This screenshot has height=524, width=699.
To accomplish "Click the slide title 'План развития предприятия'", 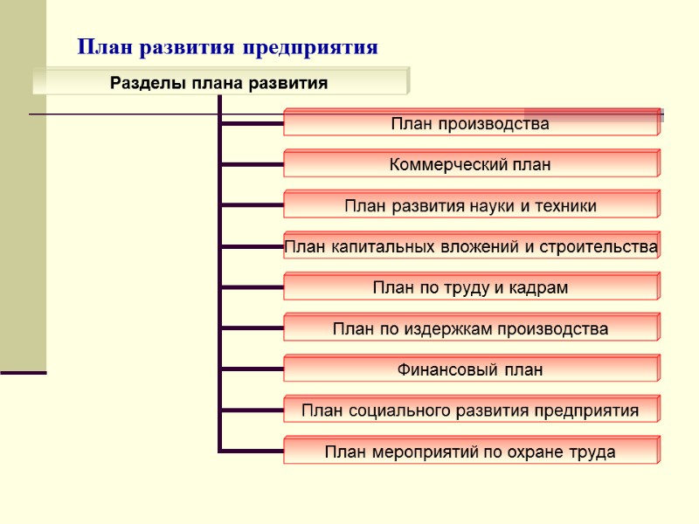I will coord(227,47).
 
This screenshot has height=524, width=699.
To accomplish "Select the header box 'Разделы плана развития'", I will coord(219,83).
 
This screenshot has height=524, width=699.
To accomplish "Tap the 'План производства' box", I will coord(470,124).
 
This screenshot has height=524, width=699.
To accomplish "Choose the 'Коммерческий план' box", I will coord(470,164).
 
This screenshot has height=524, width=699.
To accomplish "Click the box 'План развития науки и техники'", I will coord(470,206).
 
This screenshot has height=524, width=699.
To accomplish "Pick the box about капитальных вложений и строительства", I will coord(470,247).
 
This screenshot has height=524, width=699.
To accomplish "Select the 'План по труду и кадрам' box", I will coord(470,287).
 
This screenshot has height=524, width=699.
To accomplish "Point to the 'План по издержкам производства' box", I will coord(470,329).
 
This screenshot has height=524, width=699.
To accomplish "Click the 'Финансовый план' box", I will coord(470,370).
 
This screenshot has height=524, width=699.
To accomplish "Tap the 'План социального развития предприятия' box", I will coord(470,410).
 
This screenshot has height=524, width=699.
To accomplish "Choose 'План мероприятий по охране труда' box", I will coord(470,452).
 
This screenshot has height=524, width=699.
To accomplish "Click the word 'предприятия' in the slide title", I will coord(323,47).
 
